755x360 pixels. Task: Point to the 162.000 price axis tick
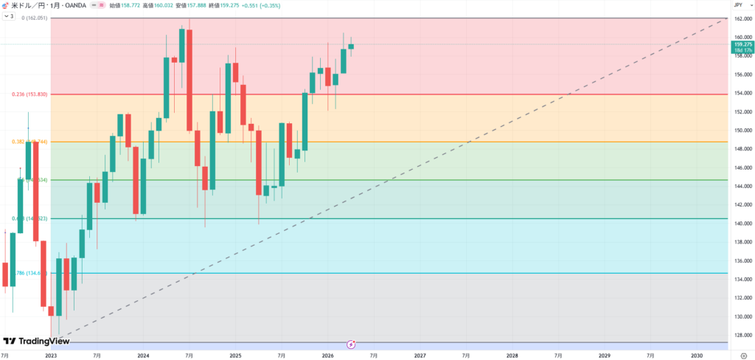[x=742, y=18]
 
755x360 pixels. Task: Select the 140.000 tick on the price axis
[x=742, y=224]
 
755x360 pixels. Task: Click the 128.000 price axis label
[x=742, y=336]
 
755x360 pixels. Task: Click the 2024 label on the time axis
[x=143, y=355]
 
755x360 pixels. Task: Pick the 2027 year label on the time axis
[x=420, y=355]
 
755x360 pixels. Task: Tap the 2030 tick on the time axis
[x=697, y=355]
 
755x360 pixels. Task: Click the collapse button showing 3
[x=10, y=15]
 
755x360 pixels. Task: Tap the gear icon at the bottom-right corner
[x=742, y=355]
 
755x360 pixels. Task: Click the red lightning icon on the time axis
[x=352, y=344]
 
